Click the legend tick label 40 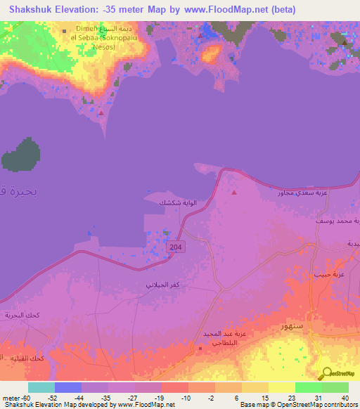(x=345, y=398)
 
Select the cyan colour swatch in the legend (x=41, y=387)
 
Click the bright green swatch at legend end (x=335, y=387)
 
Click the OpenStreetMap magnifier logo (x=328, y=375)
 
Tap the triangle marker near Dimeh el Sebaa (x=102, y=112)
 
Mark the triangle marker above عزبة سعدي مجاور (x=234, y=192)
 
